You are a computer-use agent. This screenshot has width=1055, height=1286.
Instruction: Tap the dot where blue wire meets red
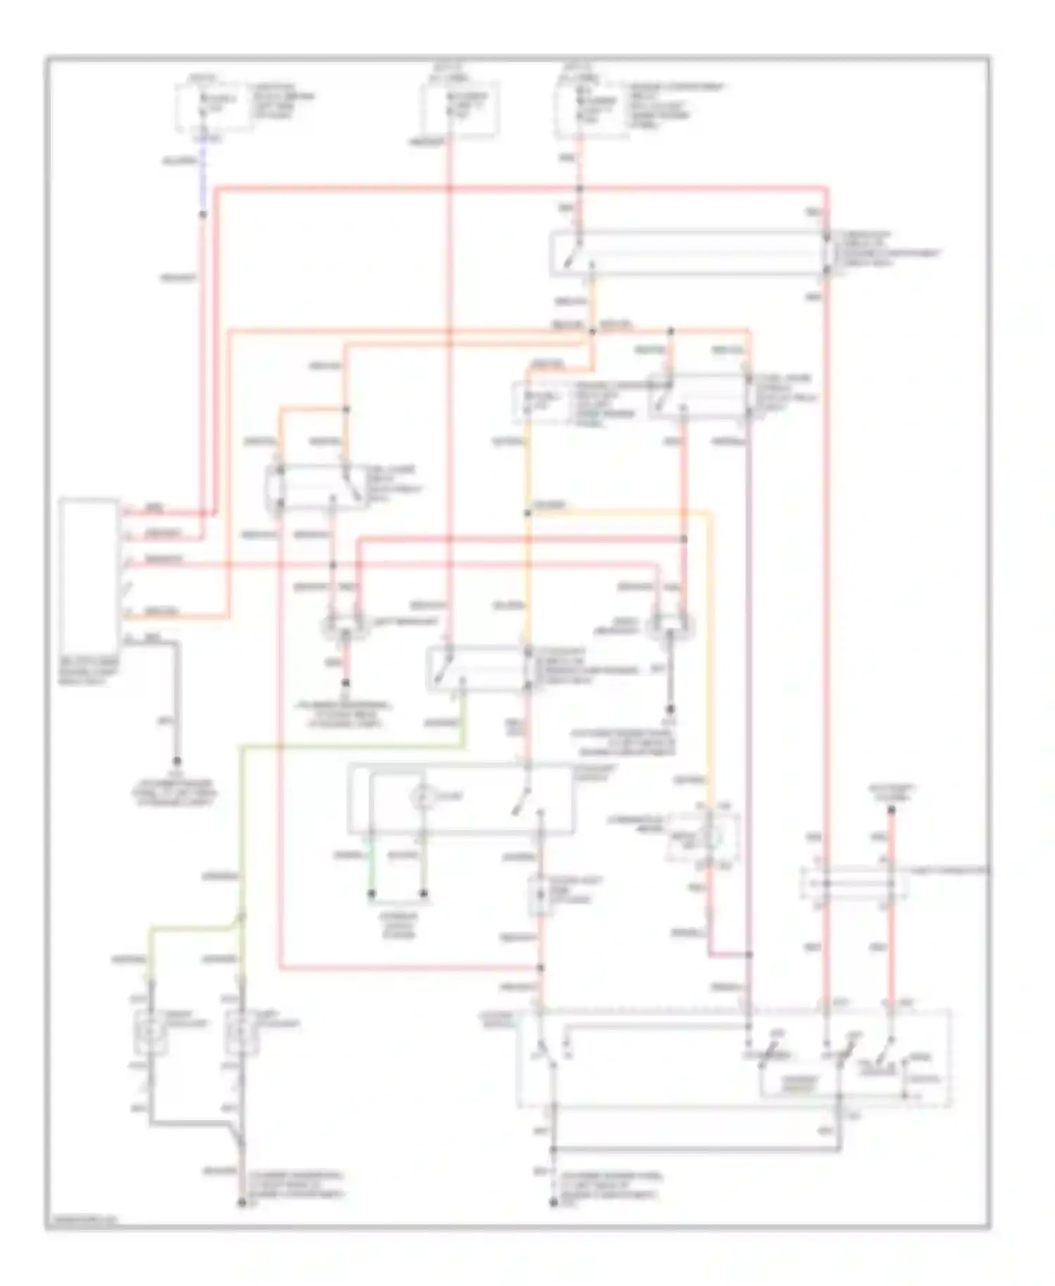pyautogui.click(x=203, y=214)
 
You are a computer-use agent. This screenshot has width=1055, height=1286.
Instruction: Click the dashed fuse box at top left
pyautogui.click(x=213, y=106)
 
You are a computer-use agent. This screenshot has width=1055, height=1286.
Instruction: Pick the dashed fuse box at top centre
pyautogui.click(x=460, y=109)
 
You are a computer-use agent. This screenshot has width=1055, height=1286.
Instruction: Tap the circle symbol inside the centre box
pyautogui.click(x=421, y=797)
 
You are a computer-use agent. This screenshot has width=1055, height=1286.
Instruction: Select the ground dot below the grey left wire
pyautogui.click(x=177, y=761)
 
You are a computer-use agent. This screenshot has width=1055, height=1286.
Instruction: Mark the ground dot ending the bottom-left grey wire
pyautogui.click(x=241, y=1204)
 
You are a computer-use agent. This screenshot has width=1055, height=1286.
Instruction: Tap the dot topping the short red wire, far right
pyautogui.click(x=890, y=810)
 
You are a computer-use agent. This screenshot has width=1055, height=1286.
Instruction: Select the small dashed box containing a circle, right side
pyautogui.click(x=703, y=836)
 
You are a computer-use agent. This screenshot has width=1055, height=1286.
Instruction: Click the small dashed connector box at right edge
pyautogui.click(x=854, y=884)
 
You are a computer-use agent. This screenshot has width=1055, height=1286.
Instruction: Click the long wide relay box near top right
pyautogui.click(x=689, y=253)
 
